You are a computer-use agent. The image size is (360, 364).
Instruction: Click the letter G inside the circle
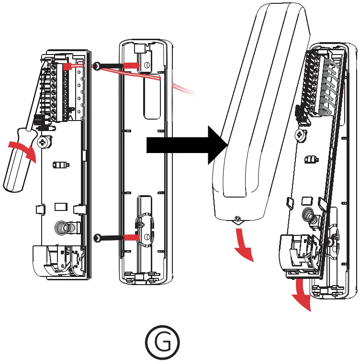click(163, 343)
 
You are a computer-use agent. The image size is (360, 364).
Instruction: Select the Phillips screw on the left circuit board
click(44, 142)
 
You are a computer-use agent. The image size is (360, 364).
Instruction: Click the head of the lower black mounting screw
click(98, 238)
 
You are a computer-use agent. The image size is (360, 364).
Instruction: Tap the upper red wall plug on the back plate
click(132, 65)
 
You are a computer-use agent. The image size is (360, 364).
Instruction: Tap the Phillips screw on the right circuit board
click(301, 134)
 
